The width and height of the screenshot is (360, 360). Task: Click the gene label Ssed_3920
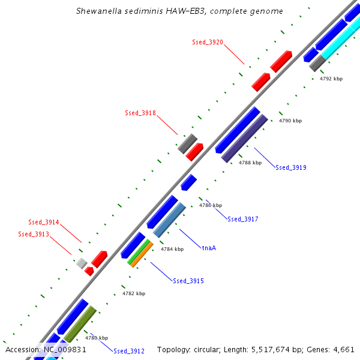[x=208, y=42]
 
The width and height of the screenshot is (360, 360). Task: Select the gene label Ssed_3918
[x=140, y=113]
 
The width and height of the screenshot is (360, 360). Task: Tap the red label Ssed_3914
[x=44, y=222]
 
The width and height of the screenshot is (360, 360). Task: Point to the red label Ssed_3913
[x=34, y=234]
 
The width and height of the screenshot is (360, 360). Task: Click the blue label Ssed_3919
[x=291, y=167]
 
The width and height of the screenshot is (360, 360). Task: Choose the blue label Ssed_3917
[x=243, y=219]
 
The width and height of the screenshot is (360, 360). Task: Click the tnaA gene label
[x=209, y=247]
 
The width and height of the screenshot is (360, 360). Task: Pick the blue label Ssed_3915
[x=188, y=281]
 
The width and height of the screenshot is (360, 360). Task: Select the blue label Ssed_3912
[x=129, y=351]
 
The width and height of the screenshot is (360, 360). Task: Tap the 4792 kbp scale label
[x=331, y=79]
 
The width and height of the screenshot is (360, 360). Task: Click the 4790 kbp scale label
[x=290, y=121]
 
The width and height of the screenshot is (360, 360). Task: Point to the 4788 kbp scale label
[x=250, y=163]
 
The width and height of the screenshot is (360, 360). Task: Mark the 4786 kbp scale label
[x=211, y=205]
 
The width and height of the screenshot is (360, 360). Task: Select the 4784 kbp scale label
[x=172, y=248]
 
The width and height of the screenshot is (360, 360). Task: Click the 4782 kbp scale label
[x=134, y=293]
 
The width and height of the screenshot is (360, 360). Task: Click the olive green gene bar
[x=80, y=324]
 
